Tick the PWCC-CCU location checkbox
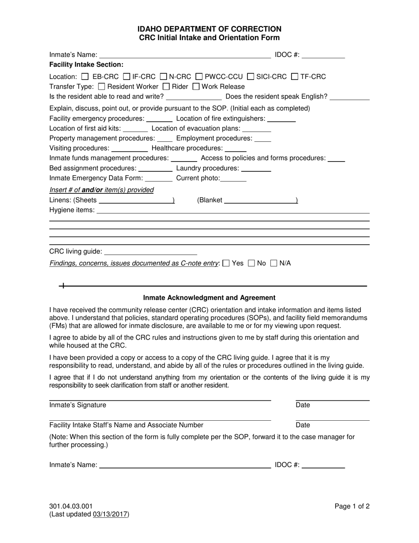198,76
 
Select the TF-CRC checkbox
295,76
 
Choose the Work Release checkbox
196,87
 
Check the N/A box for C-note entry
273,264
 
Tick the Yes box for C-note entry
226,264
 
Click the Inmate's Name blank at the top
185,55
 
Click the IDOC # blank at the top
323,55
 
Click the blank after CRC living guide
150,252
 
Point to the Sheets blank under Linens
136,200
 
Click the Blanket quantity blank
260,200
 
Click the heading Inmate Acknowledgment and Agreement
209,298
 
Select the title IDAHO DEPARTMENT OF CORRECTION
209,29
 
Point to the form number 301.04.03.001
71,506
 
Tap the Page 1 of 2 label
352,506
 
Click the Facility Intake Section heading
86,65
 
